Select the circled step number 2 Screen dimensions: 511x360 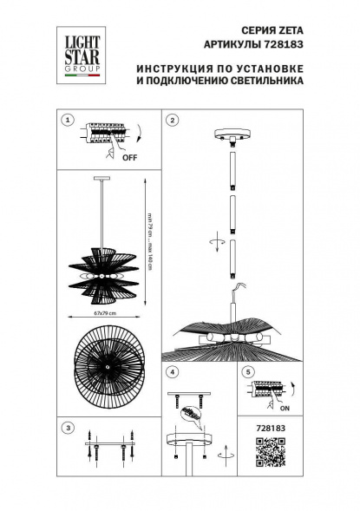click(173, 121)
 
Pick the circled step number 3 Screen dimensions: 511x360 click(68, 427)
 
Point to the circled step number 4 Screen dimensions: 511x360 click(173, 373)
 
